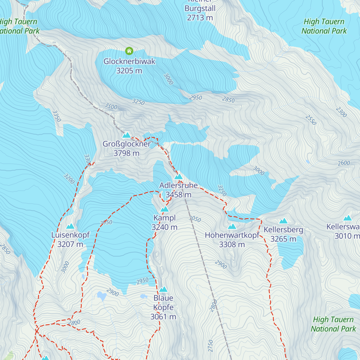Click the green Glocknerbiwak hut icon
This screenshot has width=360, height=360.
tap(129, 51)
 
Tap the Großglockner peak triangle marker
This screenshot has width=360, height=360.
tap(127, 135)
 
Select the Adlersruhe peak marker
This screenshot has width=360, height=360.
tap(178, 177)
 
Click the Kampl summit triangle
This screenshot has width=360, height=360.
tap(164, 209)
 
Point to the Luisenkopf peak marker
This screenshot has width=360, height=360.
tap(70, 226)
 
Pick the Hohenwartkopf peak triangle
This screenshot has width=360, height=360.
tap(232, 226)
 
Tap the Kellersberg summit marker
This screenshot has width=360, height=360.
tap(283, 221)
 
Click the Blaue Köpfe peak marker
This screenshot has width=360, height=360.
tap(163, 289)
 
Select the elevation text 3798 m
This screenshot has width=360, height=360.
tap(126, 153)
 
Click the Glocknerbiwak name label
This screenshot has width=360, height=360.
tap(129, 61)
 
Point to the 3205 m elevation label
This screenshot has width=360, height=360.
tap(129, 71)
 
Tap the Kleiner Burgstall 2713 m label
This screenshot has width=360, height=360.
tap(200, 13)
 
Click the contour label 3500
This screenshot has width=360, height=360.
tap(111, 106)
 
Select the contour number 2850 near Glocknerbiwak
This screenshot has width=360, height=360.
tap(228, 100)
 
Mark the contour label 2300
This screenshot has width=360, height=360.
tap(341, 112)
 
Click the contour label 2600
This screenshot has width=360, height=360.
tap(344, 163)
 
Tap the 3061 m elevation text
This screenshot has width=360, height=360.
tap(163, 317)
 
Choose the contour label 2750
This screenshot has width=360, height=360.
tap(210, 346)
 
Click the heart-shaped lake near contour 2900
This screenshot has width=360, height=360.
tap(102, 296)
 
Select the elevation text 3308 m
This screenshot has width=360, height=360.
tap(232, 244)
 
